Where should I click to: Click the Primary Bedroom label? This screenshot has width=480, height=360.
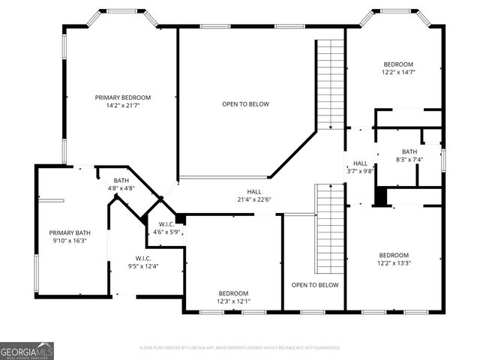(122, 97)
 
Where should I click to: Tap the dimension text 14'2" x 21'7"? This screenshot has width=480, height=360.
(122, 106)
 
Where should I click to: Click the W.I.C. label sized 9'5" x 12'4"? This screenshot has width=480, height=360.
(143, 258)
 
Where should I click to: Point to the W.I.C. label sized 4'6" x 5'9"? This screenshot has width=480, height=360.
(167, 224)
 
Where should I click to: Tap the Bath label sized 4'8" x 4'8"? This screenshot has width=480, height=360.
(121, 181)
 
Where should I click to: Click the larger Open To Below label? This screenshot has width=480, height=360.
(245, 104)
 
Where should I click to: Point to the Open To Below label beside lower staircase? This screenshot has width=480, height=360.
(315, 285)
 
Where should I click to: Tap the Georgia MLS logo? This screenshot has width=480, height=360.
(27, 350)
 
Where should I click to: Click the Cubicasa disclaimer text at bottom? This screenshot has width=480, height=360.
(240, 348)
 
